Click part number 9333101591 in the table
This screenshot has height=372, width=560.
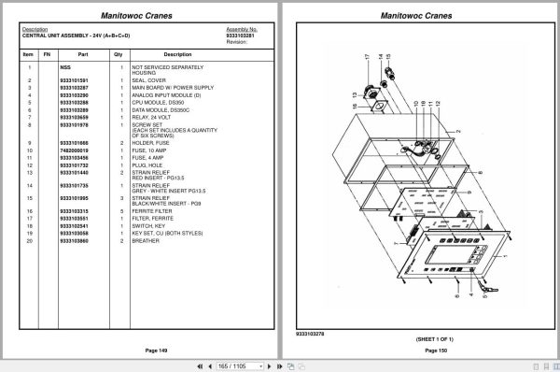tap(74, 80)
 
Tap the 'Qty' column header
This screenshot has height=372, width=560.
tap(119, 54)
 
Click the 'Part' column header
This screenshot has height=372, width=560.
tap(82, 54)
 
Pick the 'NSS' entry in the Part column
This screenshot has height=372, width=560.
tap(64, 68)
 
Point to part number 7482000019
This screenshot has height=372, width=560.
tap(74, 150)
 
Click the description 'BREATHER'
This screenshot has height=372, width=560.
tap(148, 241)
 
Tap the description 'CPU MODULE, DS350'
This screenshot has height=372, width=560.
tap(160, 103)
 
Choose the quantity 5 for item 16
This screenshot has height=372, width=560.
tap(121, 211)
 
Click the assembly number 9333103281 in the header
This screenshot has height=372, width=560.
tap(242, 36)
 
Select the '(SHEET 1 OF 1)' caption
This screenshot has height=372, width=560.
tap(418, 337)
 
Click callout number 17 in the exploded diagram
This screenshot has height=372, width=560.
tap(369, 58)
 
